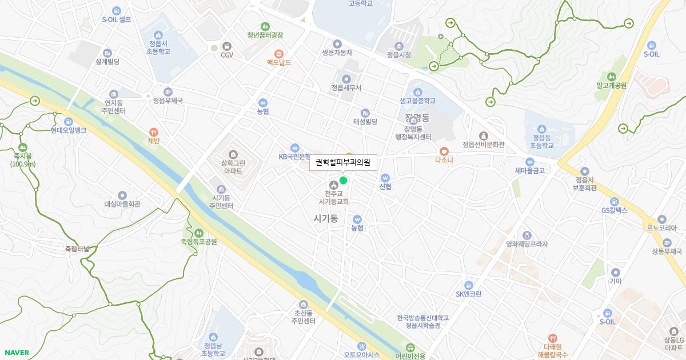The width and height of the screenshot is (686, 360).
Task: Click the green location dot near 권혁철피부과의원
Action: (x=343, y=181)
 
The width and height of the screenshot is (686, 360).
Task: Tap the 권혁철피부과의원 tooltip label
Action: (x=343, y=162)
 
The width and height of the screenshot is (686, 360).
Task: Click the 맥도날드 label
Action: (x=279, y=62)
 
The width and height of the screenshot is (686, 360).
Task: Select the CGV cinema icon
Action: (x=227, y=46)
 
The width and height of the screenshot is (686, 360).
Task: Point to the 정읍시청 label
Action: (x=399, y=55)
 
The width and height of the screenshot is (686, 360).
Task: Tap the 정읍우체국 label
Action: (x=167, y=101)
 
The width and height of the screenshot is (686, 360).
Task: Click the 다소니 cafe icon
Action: (x=444, y=151)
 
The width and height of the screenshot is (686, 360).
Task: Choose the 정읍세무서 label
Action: (x=346, y=88)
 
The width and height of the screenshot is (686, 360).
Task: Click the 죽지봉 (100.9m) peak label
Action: (x=23, y=159)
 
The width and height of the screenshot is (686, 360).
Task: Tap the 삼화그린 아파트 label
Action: (x=233, y=166)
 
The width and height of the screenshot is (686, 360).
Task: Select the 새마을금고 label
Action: (x=530, y=170)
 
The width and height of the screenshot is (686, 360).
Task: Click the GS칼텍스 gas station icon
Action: (x=615, y=201)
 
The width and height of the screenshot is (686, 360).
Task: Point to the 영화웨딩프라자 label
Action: (x=527, y=244)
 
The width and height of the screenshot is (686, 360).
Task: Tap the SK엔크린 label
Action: (x=469, y=294)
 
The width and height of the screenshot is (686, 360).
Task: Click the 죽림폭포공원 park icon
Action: (x=199, y=233)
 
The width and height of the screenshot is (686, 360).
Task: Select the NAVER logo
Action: (x=17, y=353)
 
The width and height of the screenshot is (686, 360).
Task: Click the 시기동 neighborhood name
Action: (x=326, y=218)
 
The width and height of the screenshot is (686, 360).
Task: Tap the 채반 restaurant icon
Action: (x=153, y=132)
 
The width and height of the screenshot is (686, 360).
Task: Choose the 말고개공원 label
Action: (x=612, y=86)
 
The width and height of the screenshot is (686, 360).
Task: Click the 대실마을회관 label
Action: (x=122, y=204)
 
